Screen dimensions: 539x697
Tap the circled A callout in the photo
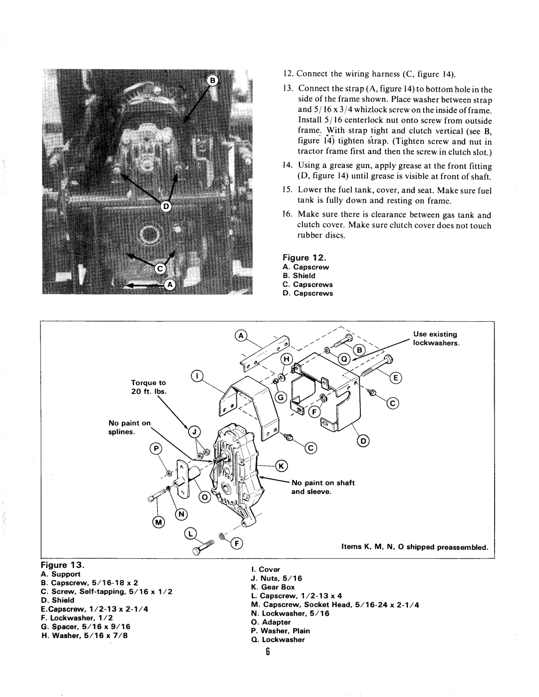[x=169, y=284]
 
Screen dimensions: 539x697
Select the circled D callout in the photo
[x=166, y=206]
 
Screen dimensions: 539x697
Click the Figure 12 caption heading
[x=304, y=257]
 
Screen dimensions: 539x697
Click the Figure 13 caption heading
[x=63, y=565]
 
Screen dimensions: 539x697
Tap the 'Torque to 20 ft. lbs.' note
[x=149, y=387]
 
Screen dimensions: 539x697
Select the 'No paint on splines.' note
[x=129, y=427]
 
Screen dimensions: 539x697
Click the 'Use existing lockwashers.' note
[x=436, y=339]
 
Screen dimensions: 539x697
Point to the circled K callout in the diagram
[x=281, y=466]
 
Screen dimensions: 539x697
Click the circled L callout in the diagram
[x=191, y=534]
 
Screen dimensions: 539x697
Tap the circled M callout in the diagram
[x=158, y=522]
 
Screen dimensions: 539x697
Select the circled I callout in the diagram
[x=197, y=376]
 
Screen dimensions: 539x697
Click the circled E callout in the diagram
[x=396, y=378]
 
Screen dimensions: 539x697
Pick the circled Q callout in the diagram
[x=344, y=359]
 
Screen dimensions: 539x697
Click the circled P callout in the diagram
[x=156, y=449]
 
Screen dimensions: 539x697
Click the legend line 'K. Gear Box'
[x=273, y=587]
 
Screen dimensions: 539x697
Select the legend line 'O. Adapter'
[x=271, y=622]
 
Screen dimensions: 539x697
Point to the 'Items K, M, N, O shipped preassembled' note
[x=415, y=547]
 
